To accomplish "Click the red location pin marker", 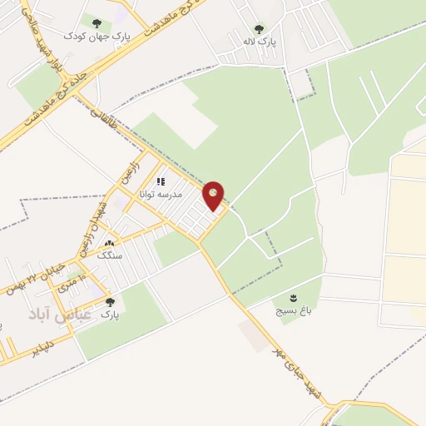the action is (214, 196).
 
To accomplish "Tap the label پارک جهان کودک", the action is (97, 37).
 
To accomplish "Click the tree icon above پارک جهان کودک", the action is (97, 24).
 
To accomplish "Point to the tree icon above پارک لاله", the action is (258, 28).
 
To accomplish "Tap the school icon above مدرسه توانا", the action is (161, 180).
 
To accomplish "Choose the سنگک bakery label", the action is (109, 256).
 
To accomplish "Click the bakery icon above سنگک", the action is (108, 243).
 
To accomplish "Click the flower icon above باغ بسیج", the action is (292, 297).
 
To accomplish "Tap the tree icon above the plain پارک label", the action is (109, 301).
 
